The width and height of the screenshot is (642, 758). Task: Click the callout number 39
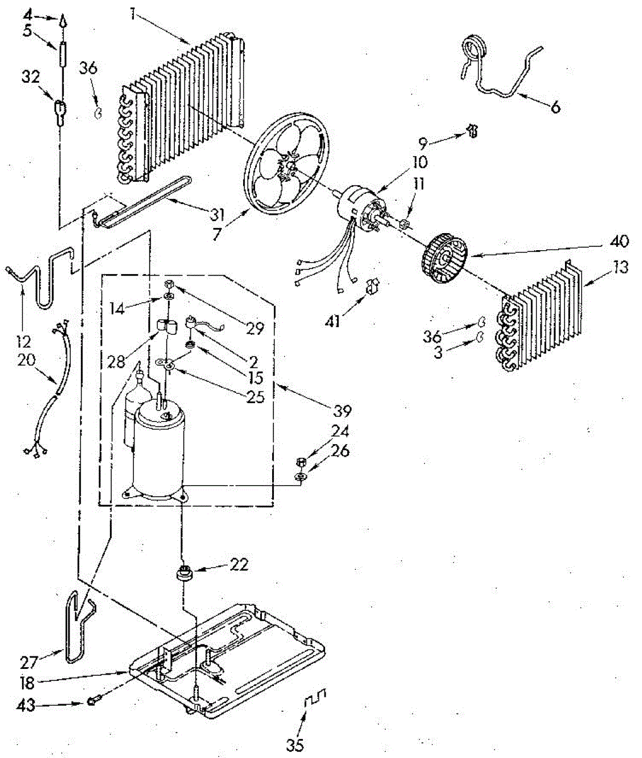point(343,411)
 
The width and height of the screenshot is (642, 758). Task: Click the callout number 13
point(621,267)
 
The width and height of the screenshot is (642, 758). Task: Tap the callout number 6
point(555,107)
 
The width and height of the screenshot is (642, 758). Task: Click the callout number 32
point(30,76)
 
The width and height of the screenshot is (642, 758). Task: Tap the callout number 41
point(333,322)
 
